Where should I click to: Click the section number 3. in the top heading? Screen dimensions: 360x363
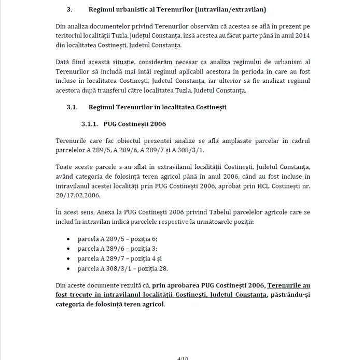pos(69,9)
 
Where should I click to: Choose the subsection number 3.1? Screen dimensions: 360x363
pos(72,108)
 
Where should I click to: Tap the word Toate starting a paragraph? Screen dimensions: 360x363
pos(65,167)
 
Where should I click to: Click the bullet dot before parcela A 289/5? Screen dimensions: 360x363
pos(69,239)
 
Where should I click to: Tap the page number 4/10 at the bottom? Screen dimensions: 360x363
pos(182,357)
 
